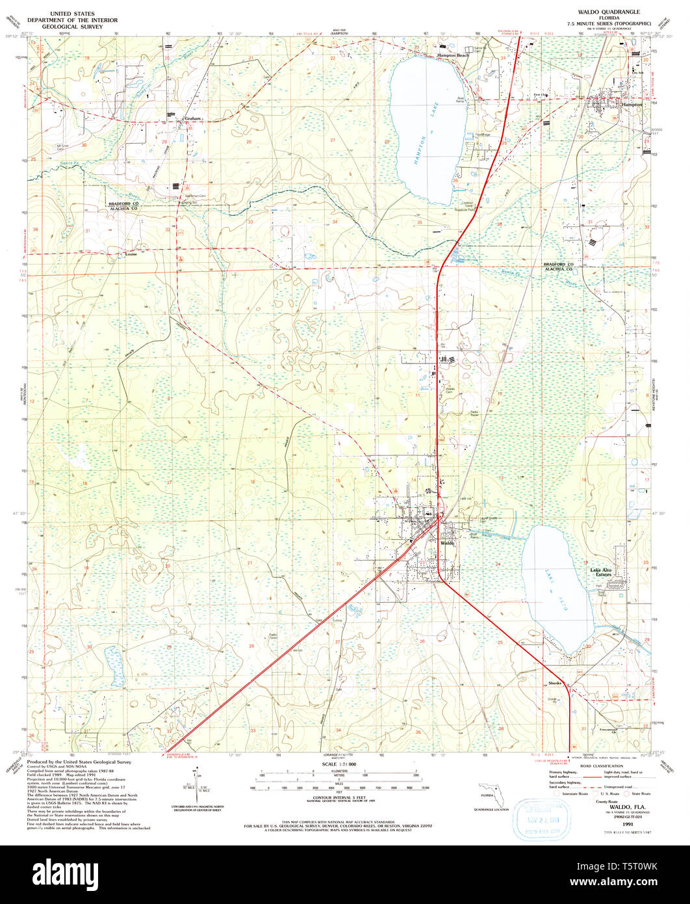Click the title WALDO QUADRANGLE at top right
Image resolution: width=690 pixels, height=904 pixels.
click(604, 12)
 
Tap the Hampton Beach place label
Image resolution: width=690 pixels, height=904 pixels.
click(453, 56)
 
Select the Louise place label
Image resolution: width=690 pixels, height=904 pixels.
click(130, 255)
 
